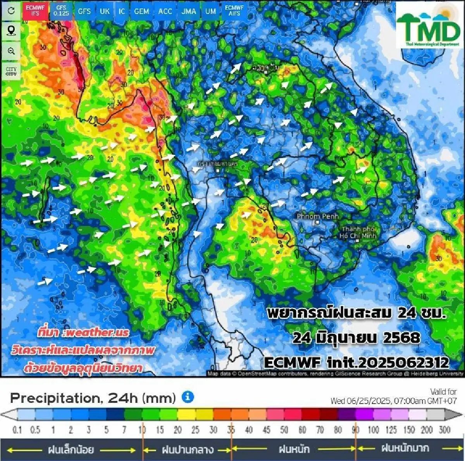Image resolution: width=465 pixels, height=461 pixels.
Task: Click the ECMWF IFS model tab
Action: (35, 10)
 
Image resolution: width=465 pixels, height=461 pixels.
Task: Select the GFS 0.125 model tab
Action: (61, 10)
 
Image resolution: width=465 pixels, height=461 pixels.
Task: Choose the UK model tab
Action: (105, 11)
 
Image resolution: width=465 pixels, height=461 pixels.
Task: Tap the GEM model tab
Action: (141, 11)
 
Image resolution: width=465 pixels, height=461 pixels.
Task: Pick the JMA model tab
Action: (189, 11)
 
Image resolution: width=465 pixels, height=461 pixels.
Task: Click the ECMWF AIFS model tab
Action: (234, 10)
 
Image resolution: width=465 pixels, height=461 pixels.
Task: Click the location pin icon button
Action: (11, 31)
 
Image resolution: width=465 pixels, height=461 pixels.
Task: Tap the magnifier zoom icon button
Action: (11, 51)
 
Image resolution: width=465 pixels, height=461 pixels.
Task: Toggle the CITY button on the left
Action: (11, 71)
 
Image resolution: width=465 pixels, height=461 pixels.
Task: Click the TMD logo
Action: (428, 26)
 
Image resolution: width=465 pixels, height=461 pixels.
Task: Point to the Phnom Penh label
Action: (317, 216)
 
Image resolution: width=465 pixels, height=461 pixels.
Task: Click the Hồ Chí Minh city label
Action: (358, 233)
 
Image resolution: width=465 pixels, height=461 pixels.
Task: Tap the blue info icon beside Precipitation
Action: (188, 397)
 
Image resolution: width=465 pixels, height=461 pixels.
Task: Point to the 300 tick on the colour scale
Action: (444, 430)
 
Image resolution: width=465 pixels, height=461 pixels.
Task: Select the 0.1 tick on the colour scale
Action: (17, 430)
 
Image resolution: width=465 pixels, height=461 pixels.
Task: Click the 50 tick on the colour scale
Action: (284, 430)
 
